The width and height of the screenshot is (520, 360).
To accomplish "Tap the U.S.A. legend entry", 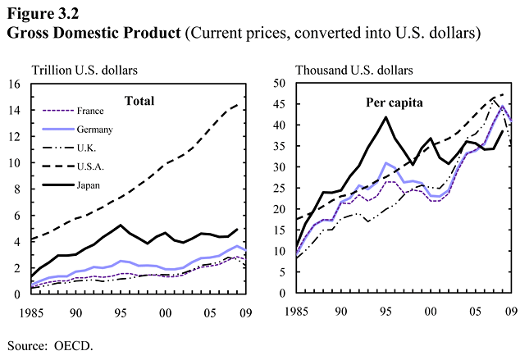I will [88, 166].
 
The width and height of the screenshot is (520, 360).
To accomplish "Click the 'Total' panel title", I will [139, 101].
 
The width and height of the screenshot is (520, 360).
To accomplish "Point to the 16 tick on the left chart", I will [14, 84].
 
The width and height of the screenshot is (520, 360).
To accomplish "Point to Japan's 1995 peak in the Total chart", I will [121, 224].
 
